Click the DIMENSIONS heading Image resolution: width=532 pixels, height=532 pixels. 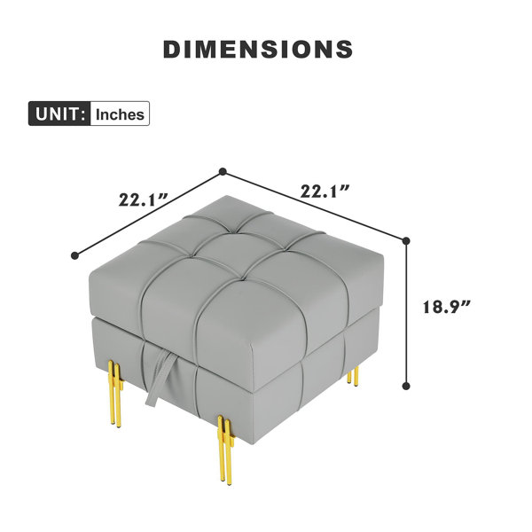(258, 50)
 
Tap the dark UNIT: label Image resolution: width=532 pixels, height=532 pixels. (59, 113)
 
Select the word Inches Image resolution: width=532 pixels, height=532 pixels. (120, 114)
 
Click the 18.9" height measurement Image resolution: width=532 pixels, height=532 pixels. (446, 307)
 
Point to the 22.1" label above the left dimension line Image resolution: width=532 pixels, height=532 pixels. (143, 199)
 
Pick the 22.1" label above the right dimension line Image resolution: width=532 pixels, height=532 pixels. (325, 191)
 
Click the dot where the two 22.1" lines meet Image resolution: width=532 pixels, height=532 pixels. (223, 172)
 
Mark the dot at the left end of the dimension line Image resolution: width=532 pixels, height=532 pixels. (75, 255)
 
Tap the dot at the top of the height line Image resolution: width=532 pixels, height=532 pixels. (406, 241)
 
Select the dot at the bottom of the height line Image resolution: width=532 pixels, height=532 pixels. (406, 386)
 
